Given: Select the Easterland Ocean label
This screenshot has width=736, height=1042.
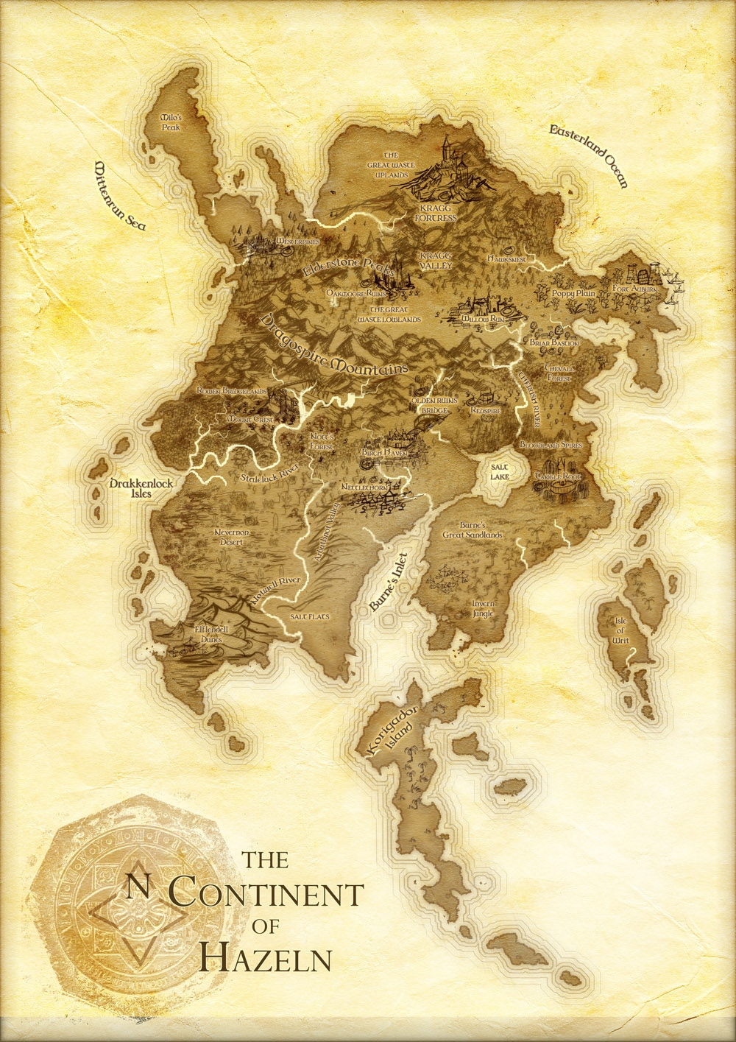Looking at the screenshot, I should [589, 156].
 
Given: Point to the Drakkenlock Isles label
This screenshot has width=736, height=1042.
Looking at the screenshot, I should [130, 489].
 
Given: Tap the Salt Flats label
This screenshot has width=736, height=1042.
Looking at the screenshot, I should [309, 615].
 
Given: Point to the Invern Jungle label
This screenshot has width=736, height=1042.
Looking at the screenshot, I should [483, 607].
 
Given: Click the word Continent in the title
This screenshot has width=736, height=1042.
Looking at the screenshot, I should [266, 894].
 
